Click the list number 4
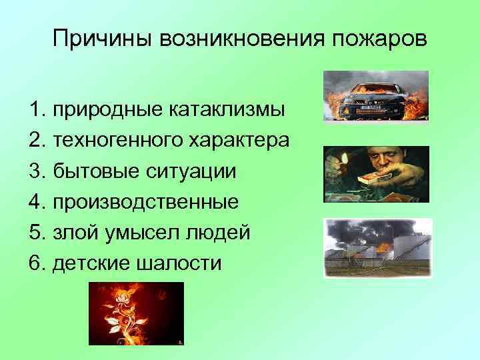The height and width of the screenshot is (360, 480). coord(35,201)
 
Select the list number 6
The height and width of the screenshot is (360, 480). coord(35,263)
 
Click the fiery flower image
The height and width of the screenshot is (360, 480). coord(136,313)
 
